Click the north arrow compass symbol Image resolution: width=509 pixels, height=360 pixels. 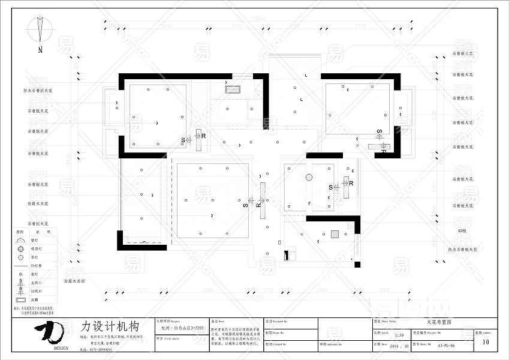coord(40,28)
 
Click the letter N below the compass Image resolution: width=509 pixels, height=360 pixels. coord(40,50)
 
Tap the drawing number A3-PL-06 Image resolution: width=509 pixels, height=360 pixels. coord(447,346)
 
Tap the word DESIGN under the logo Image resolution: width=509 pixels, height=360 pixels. coord(61,347)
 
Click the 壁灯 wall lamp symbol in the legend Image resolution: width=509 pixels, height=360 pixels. coord(21,240)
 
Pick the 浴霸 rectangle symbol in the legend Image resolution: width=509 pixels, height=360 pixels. coord(21,298)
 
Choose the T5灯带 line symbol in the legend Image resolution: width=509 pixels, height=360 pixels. coord(21,265)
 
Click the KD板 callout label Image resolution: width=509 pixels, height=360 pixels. coord(461,230)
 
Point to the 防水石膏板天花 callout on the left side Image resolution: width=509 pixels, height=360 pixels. coord(38,91)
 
